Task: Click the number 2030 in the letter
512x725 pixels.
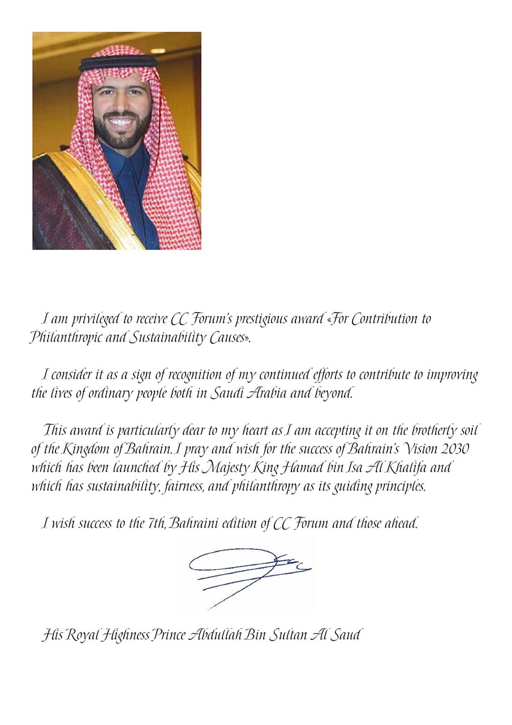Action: point(457,449)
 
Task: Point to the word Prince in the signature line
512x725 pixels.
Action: point(167,636)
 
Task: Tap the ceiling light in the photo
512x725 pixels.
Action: point(158,51)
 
